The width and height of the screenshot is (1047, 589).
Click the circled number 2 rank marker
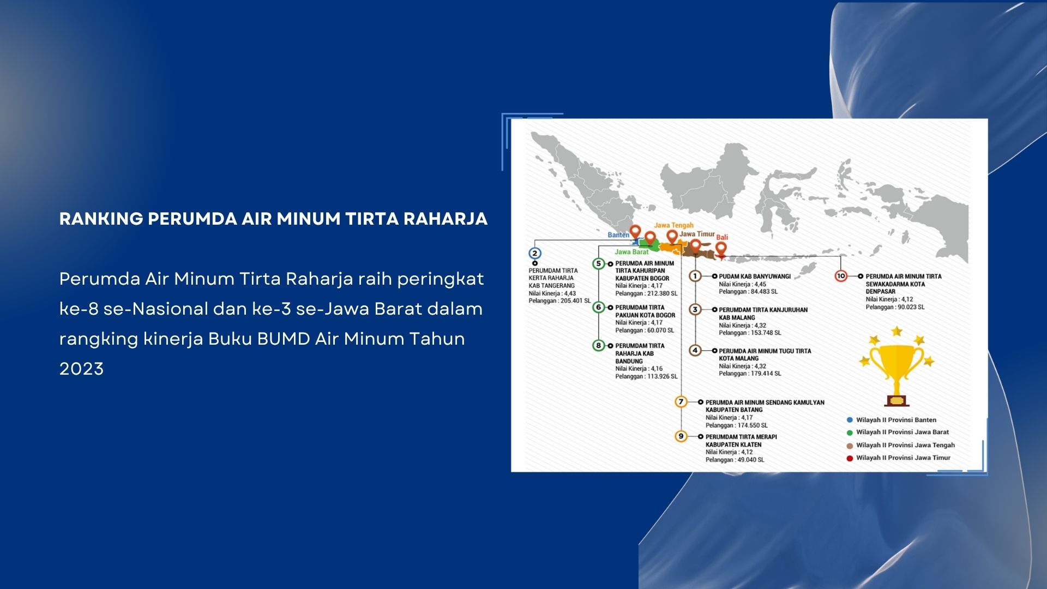535,253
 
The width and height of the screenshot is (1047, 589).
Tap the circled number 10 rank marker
841,276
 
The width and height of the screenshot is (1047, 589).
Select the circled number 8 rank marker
599,345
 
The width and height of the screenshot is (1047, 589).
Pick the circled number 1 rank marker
695,276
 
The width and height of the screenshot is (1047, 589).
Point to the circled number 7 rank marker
681,402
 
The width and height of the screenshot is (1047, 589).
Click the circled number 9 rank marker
681,436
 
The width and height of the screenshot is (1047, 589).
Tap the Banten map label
618,235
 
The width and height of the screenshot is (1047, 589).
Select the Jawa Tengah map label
673,225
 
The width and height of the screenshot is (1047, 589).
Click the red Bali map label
722,237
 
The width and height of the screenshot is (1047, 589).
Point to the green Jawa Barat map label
631,252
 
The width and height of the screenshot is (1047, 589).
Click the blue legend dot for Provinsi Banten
850,420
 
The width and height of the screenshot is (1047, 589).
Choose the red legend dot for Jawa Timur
850,458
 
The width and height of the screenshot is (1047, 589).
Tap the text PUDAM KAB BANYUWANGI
755,277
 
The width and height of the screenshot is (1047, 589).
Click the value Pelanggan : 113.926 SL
646,376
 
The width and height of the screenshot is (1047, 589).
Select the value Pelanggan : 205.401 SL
559,300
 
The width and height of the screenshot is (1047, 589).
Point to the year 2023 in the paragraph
81,369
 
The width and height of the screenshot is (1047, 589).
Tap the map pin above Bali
721,250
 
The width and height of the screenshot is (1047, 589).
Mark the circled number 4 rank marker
695,350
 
